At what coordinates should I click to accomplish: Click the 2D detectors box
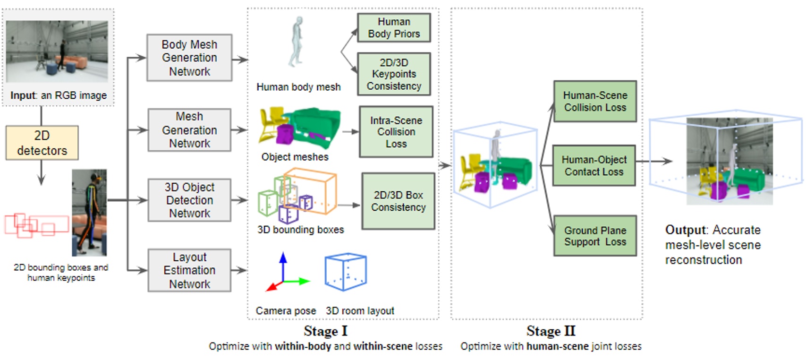pos(42,143)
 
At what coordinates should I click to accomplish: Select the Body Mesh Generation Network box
pos(189,58)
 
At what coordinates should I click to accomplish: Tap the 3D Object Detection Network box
pos(189,200)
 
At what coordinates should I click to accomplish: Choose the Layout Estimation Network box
pos(189,270)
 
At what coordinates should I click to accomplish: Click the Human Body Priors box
pos(394,28)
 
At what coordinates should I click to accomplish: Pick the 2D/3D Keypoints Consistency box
pos(394,74)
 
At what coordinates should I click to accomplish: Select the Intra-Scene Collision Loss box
pos(396,132)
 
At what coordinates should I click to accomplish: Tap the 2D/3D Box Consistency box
pos(398,201)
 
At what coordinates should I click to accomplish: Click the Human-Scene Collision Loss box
pos(594,101)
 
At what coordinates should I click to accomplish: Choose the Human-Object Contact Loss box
pos(594,166)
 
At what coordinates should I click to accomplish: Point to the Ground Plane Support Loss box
pos(594,236)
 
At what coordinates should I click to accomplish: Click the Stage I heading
pos(325,331)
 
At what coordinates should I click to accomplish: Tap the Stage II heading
pos(551,331)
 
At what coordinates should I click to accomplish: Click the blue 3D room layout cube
pos(345,272)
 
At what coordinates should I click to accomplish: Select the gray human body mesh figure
pos(297,43)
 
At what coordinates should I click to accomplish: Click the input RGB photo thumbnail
pos(57,51)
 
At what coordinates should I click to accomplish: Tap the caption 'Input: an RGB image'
pos(59,95)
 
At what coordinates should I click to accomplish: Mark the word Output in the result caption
pos(686,230)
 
